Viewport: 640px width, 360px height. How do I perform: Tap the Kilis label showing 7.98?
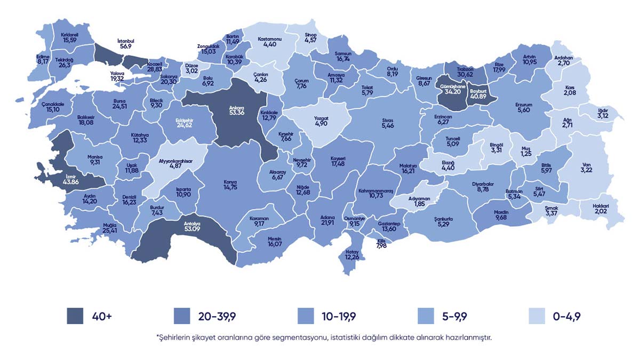(381, 241)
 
